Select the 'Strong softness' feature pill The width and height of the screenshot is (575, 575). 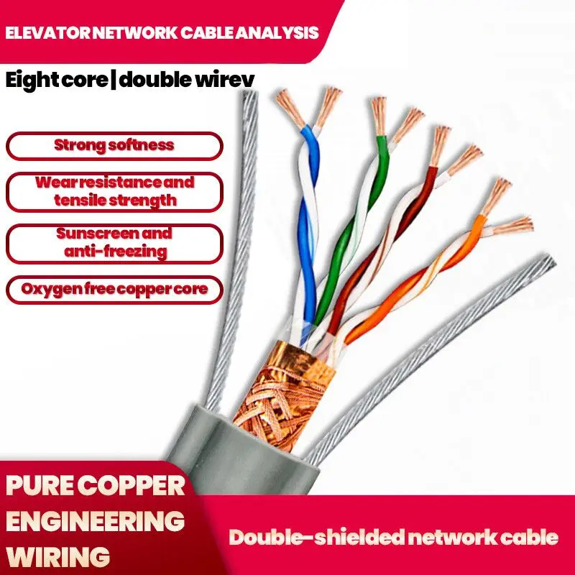click(114, 145)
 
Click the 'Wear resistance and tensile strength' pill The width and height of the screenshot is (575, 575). click(114, 190)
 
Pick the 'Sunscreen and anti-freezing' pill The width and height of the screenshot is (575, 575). click(114, 243)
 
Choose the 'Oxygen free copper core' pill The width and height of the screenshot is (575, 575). click(114, 289)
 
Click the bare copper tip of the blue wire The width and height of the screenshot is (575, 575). click(290, 108)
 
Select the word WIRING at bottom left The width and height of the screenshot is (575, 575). click(58, 555)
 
